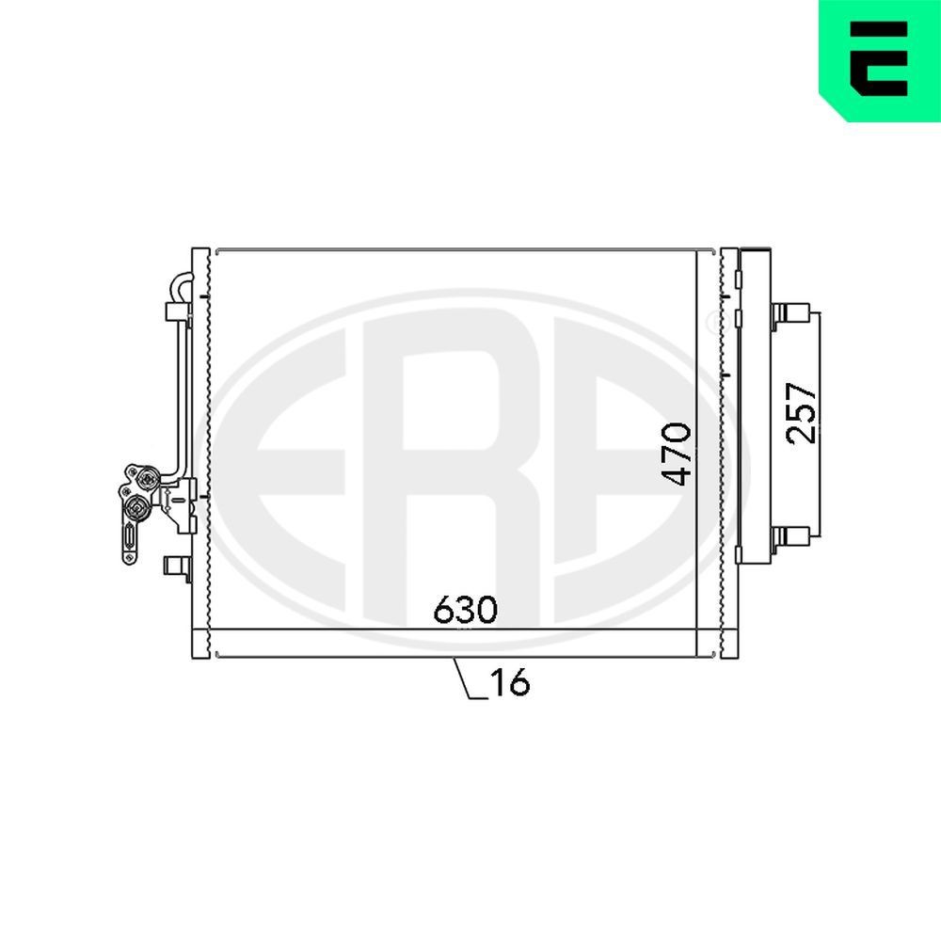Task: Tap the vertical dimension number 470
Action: click(x=676, y=455)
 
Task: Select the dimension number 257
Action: click(x=802, y=412)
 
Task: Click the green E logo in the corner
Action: click(x=879, y=60)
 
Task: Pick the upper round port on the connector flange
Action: click(x=147, y=480)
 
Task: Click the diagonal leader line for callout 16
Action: click(x=463, y=678)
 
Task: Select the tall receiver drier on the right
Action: click(x=754, y=405)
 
